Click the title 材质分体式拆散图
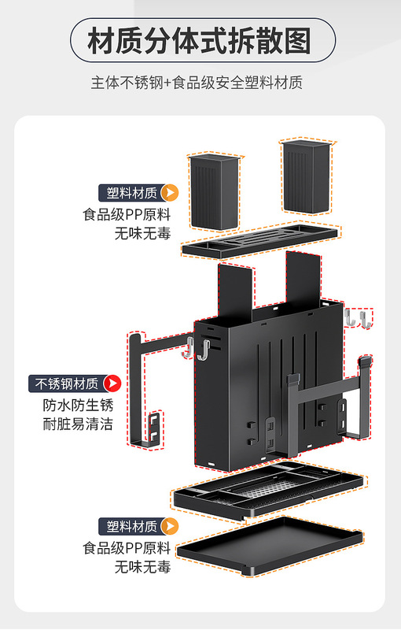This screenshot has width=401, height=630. (x=199, y=41)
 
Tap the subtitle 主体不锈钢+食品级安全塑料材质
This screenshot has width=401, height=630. (x=197, y=83)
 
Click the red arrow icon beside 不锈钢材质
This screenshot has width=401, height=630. (x=112, y=384)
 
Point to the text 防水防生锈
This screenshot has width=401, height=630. (x=78, y=405)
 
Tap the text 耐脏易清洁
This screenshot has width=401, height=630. (x=78, y=424)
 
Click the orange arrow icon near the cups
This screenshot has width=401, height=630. (x=170, y=193)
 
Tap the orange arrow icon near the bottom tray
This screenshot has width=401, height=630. (x=170, y=526)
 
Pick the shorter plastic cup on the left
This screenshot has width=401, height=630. (x=215, y=192)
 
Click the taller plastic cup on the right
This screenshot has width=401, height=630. (x=307, y=176)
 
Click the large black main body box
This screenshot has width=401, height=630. (x=269, y=386)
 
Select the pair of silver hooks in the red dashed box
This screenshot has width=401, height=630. (x=358, y=318)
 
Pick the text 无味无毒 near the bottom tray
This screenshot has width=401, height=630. (x=143, y=567)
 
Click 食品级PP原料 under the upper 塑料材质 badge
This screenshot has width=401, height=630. (x=127, y=214)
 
